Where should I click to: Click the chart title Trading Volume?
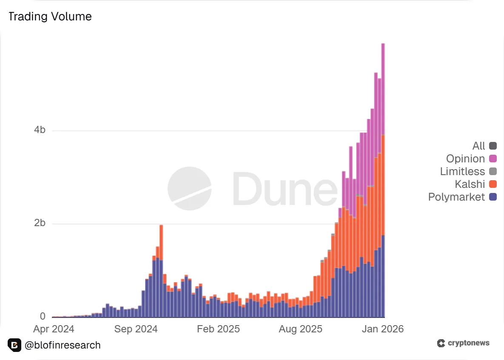50,17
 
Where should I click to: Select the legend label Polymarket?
456,197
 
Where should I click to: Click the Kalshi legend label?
470,184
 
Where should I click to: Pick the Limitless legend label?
462,172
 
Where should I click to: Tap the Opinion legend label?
465,159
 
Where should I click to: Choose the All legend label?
478,146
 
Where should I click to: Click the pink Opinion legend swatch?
493,159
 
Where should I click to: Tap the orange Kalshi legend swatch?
493,184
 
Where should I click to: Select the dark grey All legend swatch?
493,146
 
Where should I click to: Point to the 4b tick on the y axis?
40,130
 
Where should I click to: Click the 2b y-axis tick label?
40,224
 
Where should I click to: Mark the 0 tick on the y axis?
43,317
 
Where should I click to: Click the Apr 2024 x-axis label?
54,329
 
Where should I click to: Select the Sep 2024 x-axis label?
136,329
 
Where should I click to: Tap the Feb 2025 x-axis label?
219,329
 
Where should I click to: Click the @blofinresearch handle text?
63,345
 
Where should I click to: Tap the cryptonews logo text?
468,343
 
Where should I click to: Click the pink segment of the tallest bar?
383,89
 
